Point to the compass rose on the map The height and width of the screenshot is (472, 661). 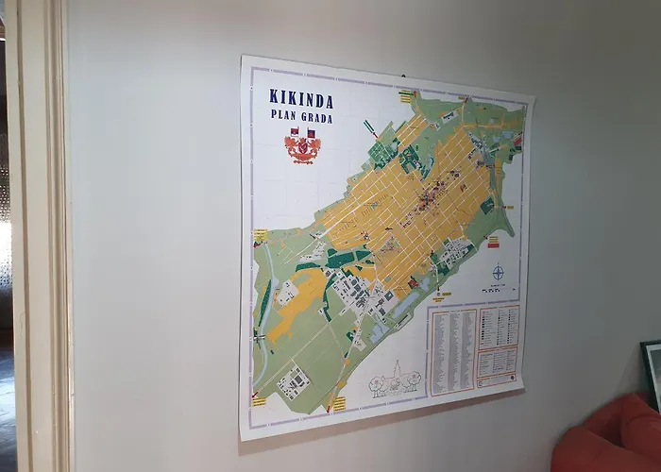(x=498, y=274)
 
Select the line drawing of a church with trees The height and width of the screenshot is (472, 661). (x=394, y=378)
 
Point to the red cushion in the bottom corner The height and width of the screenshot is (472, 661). (x=609, y=439)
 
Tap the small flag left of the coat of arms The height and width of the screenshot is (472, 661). (x=294, y=132)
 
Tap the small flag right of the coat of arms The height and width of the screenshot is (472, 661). (x=311, y=133)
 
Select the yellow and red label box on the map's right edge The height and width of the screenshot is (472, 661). (x=517, y=142)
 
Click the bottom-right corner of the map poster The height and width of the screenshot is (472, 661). (x=524, y=389)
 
